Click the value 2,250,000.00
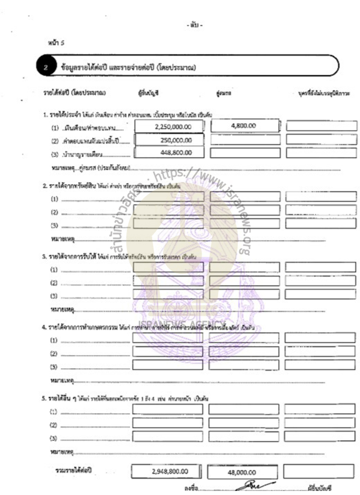coord(172,127)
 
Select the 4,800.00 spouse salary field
coord(243,126)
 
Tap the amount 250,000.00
coord(175,140)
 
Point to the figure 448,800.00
coord(175,153)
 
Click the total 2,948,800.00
coord(167,472)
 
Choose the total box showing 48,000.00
coord(243,472)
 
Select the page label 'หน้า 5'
coord(57,42)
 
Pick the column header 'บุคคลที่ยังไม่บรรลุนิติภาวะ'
coord(321,94)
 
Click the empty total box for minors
coord(319,471)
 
